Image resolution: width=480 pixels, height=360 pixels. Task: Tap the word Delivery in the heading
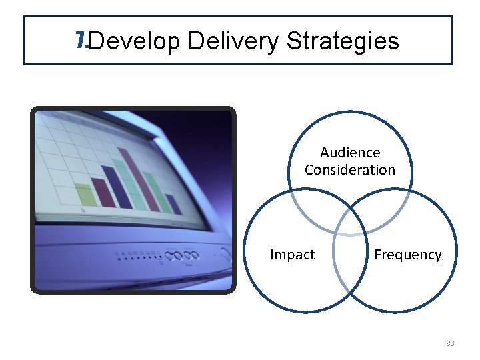click(233, 42)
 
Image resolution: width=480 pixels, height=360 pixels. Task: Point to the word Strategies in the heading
click(343, 42)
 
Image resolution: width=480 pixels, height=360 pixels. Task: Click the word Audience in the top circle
click(350, 153)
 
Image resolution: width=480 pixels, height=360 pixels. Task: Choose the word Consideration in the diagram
click(350, 170)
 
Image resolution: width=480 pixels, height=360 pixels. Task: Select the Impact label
click(292, 255)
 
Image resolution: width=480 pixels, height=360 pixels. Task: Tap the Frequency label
click(407, 255)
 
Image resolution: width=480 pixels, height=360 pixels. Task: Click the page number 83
click(449, 343)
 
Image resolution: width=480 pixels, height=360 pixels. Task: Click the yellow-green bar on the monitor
click(87, 194)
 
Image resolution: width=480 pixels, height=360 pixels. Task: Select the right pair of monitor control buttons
click(191, 255)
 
